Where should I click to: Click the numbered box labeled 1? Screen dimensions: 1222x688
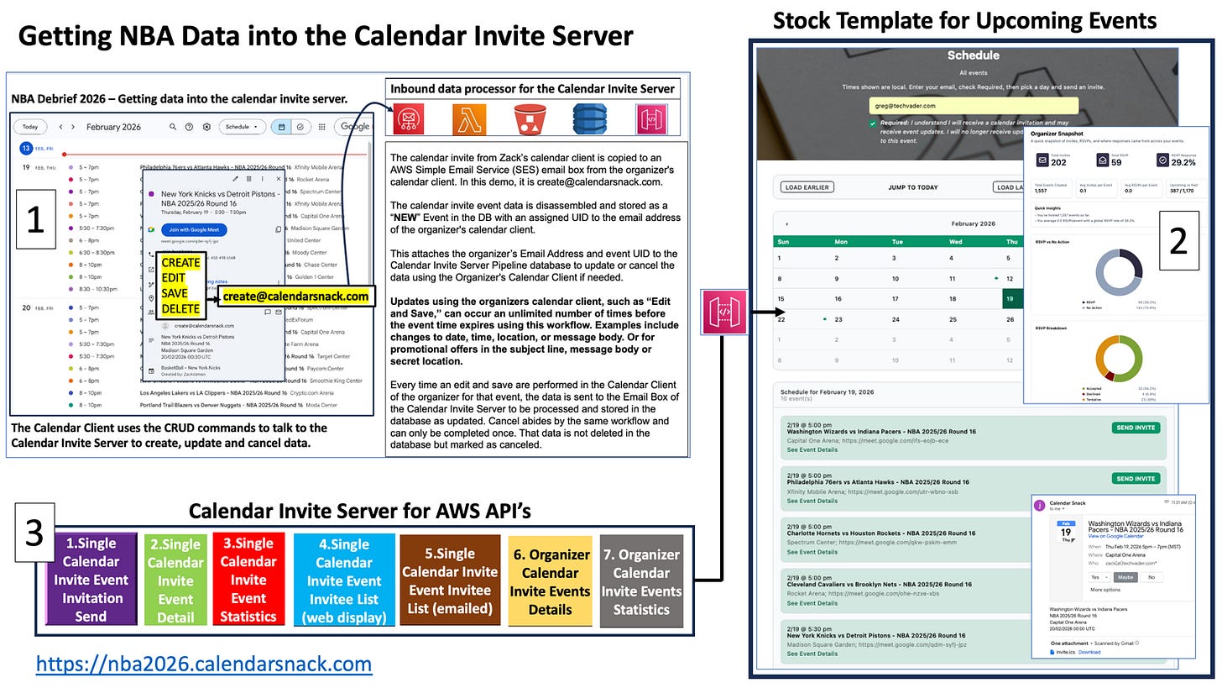point(34,220)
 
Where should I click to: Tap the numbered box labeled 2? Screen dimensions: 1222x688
point(1178,241)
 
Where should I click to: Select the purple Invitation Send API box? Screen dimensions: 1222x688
point(91,580)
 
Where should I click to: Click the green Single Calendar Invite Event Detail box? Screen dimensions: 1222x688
point(175,580)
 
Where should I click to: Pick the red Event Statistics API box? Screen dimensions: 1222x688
point(248,580)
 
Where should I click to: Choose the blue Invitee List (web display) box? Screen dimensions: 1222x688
point(344,580)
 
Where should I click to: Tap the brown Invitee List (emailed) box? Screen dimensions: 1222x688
point(451,580)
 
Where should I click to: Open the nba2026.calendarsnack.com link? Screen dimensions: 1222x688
point(204,664)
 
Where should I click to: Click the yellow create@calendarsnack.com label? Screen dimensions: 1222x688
point(295,297)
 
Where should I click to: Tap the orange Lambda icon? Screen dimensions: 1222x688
point(469,119)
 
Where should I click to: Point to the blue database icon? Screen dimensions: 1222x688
point(590,119)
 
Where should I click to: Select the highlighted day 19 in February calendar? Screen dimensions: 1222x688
point(1011,299)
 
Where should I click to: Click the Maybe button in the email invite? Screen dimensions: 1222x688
point(1125,577)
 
